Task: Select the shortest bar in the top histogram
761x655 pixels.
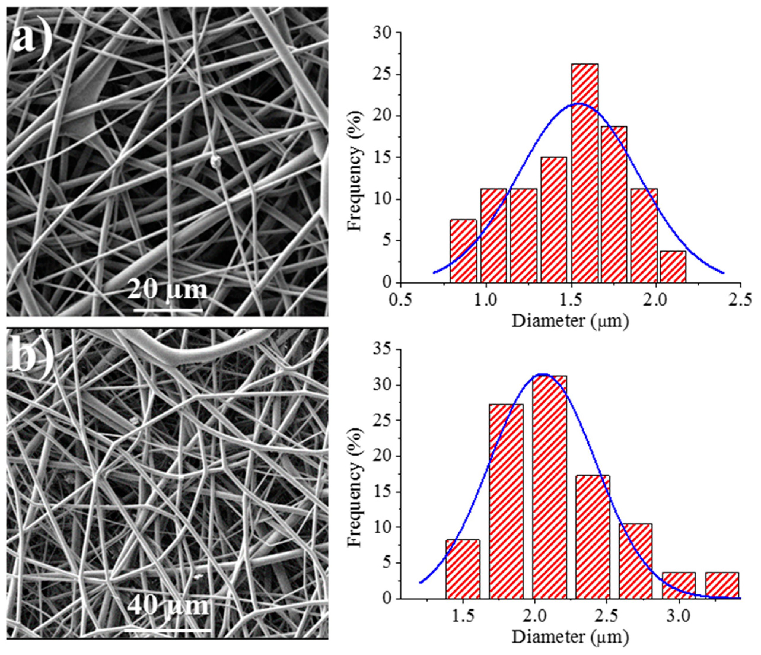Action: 673,267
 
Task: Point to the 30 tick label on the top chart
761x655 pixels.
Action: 382,33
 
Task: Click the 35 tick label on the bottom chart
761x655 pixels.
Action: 382,350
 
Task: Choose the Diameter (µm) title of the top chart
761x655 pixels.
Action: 570,321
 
